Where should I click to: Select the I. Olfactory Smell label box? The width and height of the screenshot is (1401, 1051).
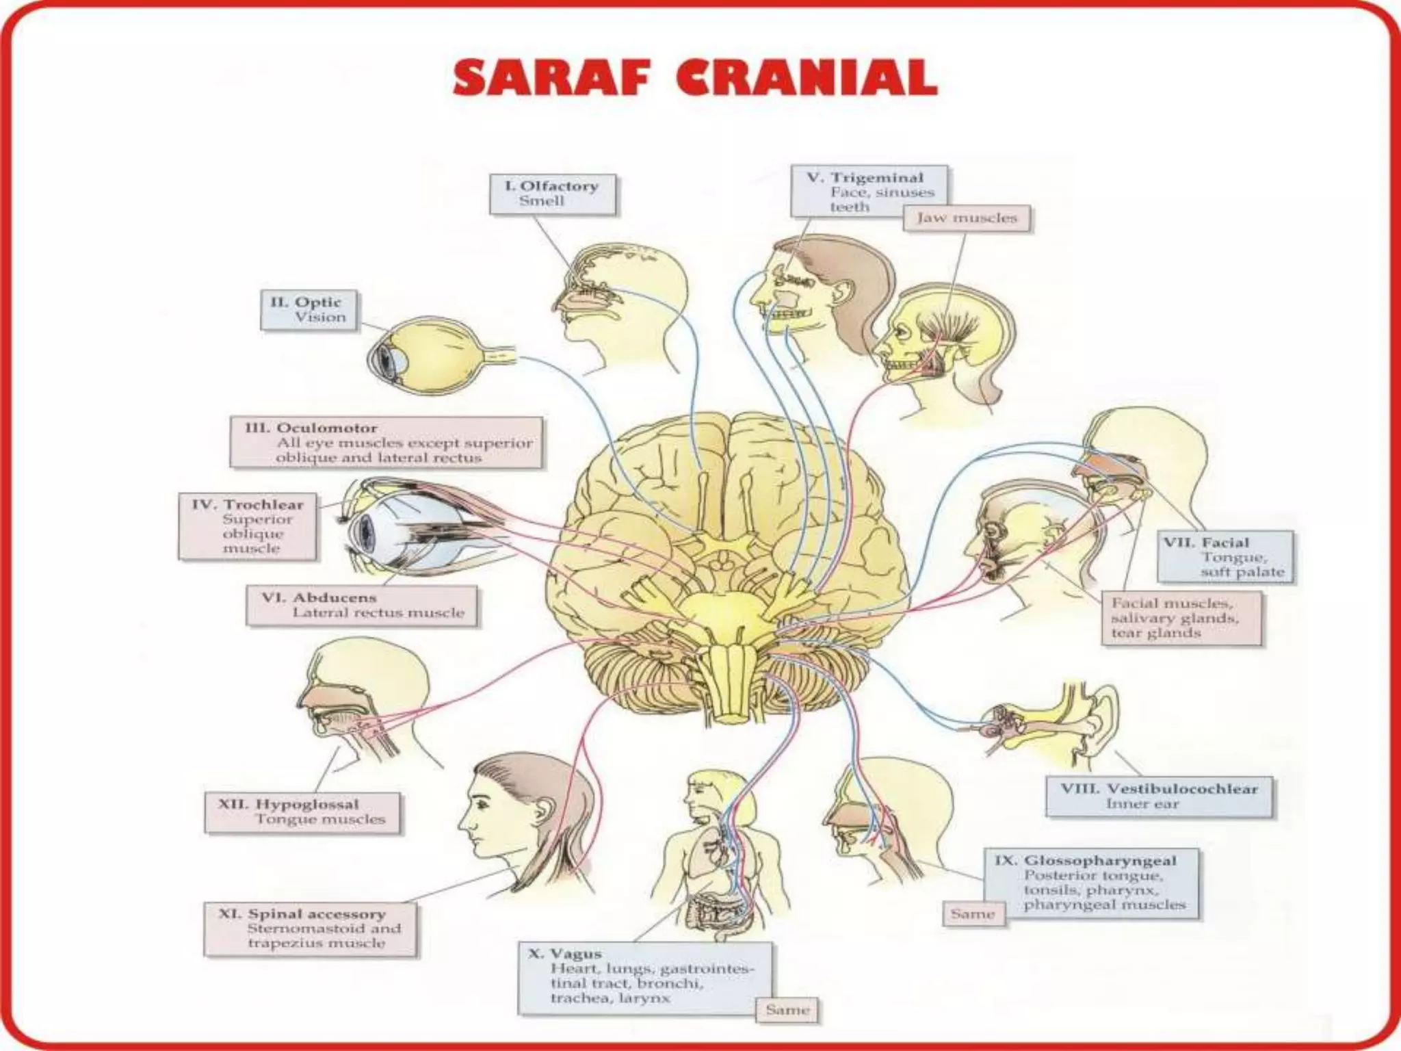point(553,194)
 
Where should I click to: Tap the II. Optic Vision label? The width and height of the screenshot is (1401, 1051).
point(309,310)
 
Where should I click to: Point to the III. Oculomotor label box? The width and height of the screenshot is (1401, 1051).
point(387,443)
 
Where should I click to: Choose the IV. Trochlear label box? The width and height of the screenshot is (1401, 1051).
point(248,526)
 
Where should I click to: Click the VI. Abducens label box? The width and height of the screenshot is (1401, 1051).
point(362,606)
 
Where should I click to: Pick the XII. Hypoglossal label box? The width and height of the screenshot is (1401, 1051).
point(302,812)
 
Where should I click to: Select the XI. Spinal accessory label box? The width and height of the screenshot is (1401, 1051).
point(310,929)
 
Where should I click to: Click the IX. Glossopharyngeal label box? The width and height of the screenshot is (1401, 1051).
point(1092,883)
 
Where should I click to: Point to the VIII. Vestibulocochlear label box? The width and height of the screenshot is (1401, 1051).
point(1159,796)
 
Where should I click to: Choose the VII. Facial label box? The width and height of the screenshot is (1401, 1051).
point(1225,557)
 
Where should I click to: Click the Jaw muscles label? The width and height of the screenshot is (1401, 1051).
point(967,218)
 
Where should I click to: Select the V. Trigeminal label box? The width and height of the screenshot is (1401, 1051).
point(869,191)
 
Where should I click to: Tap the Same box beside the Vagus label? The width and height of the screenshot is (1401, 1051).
point(787,1009)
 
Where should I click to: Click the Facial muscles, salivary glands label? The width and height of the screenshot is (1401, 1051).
point(1181,618)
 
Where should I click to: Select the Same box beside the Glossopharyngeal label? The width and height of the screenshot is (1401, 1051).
point(973,914)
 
